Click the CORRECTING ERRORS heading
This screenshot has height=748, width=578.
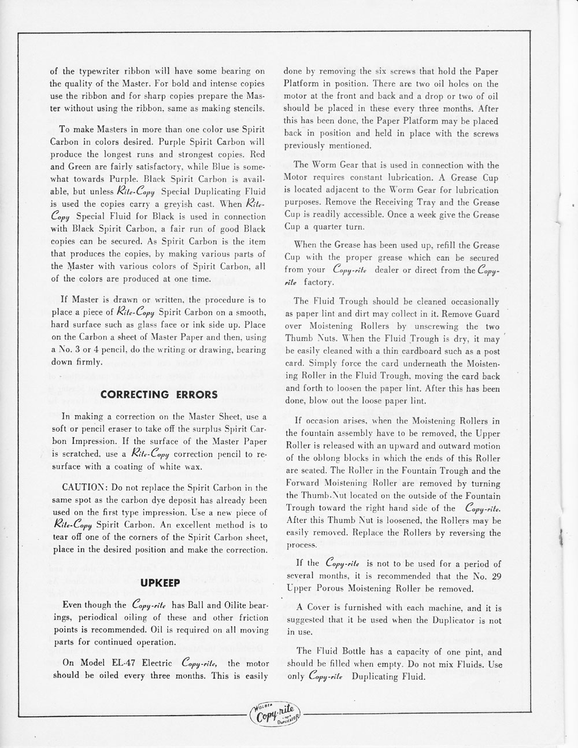(159, 395)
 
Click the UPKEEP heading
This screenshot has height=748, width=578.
(159, 584)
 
